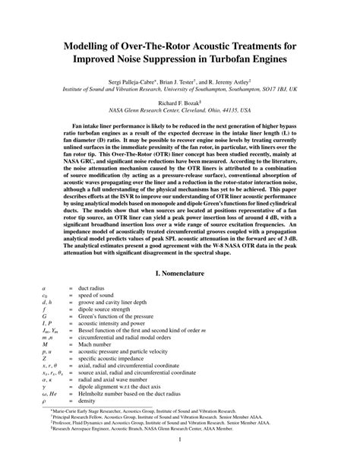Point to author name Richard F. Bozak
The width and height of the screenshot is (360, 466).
coord(178,102)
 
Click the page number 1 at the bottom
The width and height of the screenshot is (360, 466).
coord(180,439)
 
